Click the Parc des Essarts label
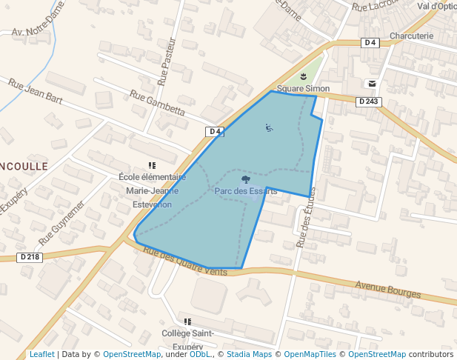[245, 191]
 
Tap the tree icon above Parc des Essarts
[245, 179]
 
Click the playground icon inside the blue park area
[269, 127]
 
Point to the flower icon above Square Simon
[303, 76]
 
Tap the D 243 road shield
[368, 101]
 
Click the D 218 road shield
[30, 257]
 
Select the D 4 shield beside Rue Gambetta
[215, 131]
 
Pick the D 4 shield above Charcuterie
[370, 43]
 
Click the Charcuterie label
[411, 36]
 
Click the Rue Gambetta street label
[157, 104]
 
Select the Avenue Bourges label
[387, 290]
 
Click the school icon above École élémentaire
[152, 165]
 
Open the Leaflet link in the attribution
[41, 354]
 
